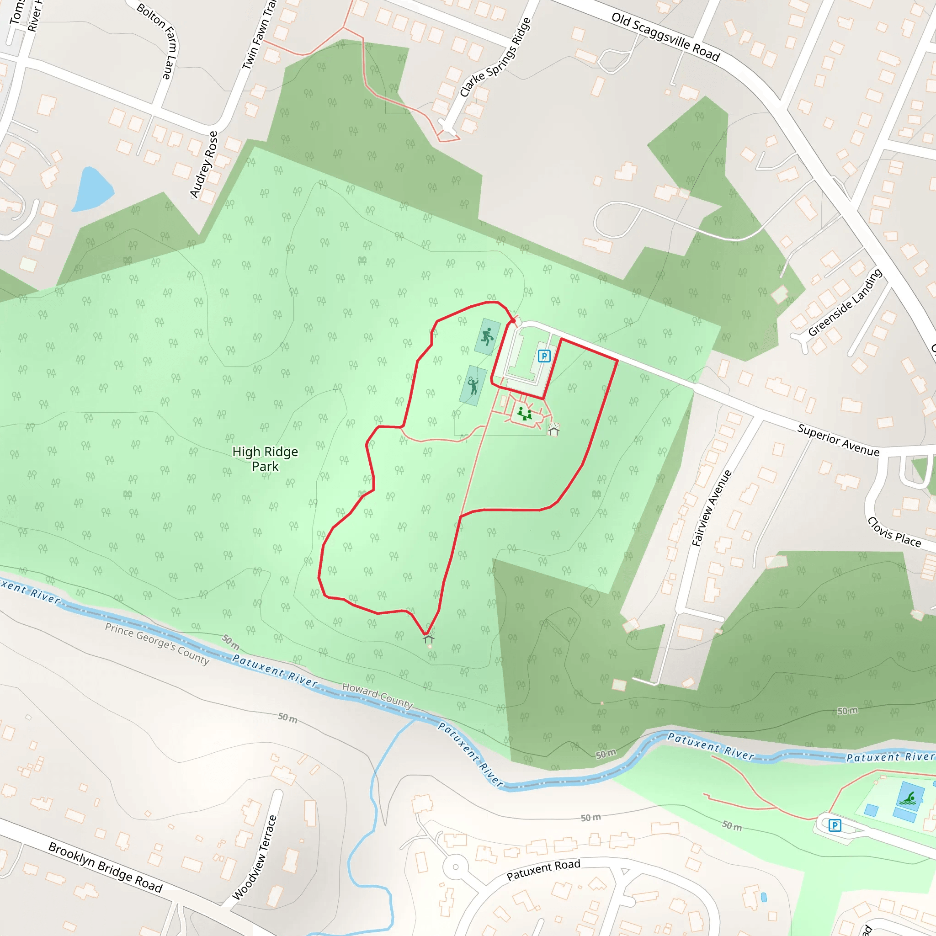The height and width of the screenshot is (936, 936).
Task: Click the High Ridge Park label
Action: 265,459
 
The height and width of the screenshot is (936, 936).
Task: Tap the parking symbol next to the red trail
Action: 544,356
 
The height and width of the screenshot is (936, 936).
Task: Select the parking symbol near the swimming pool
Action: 834,825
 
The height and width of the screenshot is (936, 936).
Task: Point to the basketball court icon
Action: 487,336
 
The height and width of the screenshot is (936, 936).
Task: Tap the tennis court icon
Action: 473,386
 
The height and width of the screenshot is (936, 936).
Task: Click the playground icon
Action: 524,414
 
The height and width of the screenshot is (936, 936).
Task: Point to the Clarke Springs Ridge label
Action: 495,57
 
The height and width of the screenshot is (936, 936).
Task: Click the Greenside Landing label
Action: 845,302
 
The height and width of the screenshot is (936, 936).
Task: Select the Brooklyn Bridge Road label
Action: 105,867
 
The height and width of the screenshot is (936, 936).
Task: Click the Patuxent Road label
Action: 543,870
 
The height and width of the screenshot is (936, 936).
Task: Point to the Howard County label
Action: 378,695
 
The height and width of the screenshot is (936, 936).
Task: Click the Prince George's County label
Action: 157,644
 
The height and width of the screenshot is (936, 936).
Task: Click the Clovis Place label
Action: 894,532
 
